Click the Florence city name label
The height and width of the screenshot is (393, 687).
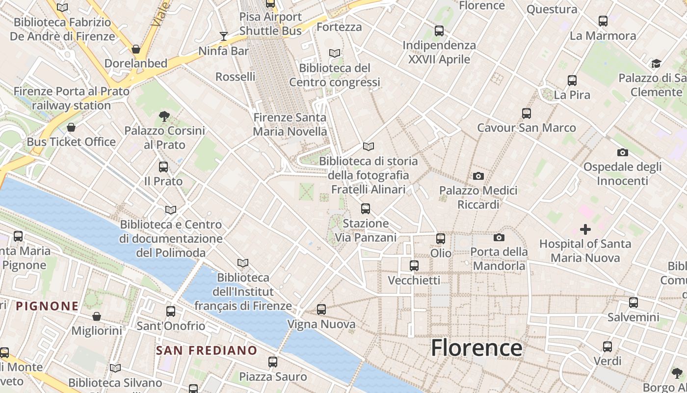[x=476, y=348]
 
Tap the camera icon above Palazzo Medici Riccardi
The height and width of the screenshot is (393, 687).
[x=478, y=176]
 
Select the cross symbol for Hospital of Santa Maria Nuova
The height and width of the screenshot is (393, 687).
[x=585, y=229]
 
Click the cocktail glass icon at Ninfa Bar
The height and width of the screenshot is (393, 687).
[x=224, y=36]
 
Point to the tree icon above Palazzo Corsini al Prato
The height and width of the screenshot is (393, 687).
[x=164, y=116]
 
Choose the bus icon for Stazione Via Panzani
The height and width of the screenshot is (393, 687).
[x=366, y=209]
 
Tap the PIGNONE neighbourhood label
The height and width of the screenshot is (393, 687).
[x=47, y=306]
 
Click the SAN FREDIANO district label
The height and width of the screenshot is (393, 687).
[x=207, y=350]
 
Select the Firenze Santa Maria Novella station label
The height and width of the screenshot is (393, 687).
[x=290, y=125]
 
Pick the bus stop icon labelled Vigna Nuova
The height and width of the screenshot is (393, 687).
[x=321, y=309]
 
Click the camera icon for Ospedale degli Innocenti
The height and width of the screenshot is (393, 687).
[x=622, y=152]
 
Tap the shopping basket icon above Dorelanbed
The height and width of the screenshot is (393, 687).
[x=136, y=49]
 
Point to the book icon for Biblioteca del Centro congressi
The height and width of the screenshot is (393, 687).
[x=335, y=53]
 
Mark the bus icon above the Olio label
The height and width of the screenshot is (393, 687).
[x=441, y=239]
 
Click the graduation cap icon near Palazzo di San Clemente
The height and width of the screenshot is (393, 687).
[x=656, y=63]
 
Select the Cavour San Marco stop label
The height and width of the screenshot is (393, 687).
[x=527, y=128]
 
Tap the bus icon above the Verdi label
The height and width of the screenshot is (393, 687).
[x=608, y=347]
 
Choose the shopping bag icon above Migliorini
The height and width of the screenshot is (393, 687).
[x=97, y=316]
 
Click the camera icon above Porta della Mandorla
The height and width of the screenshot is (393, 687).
[x=499, y=238]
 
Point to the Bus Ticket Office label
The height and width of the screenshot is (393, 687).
[x=71, y=142]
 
